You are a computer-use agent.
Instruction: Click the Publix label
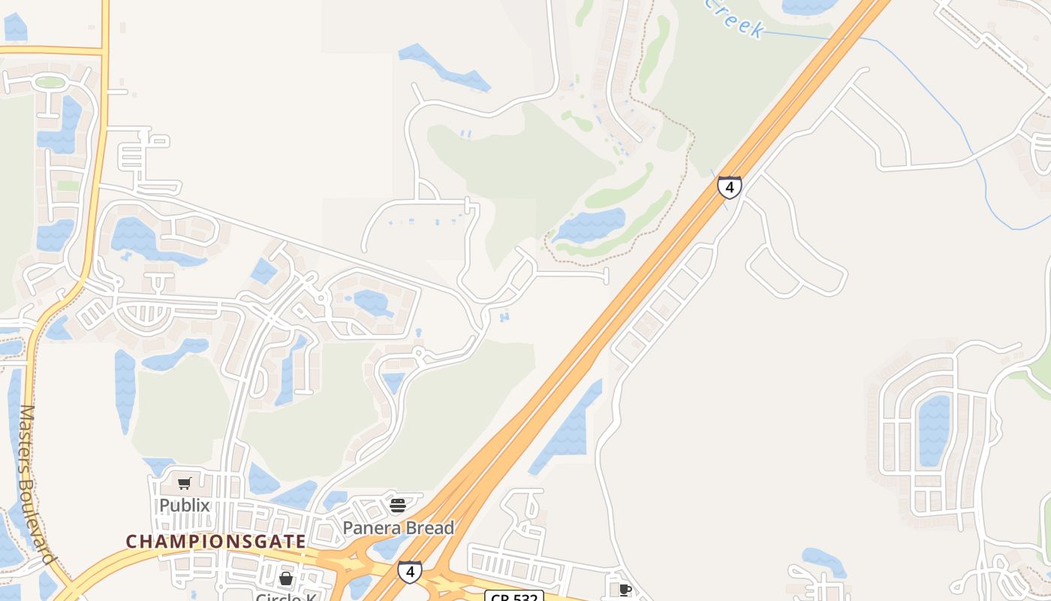point(184,506)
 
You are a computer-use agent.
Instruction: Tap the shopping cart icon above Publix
point(185,483)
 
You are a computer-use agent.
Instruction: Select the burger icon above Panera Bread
point(398,505)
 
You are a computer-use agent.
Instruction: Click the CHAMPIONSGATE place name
point(215,542)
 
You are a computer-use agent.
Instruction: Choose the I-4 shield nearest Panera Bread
point(409,572)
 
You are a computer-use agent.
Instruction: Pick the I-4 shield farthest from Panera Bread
point(729,186)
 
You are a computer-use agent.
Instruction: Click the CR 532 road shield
point(513,596)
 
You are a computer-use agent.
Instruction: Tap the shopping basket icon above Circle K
point(286,578)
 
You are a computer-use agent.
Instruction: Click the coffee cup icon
point(625,590)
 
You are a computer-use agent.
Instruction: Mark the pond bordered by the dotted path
point(589,225)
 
